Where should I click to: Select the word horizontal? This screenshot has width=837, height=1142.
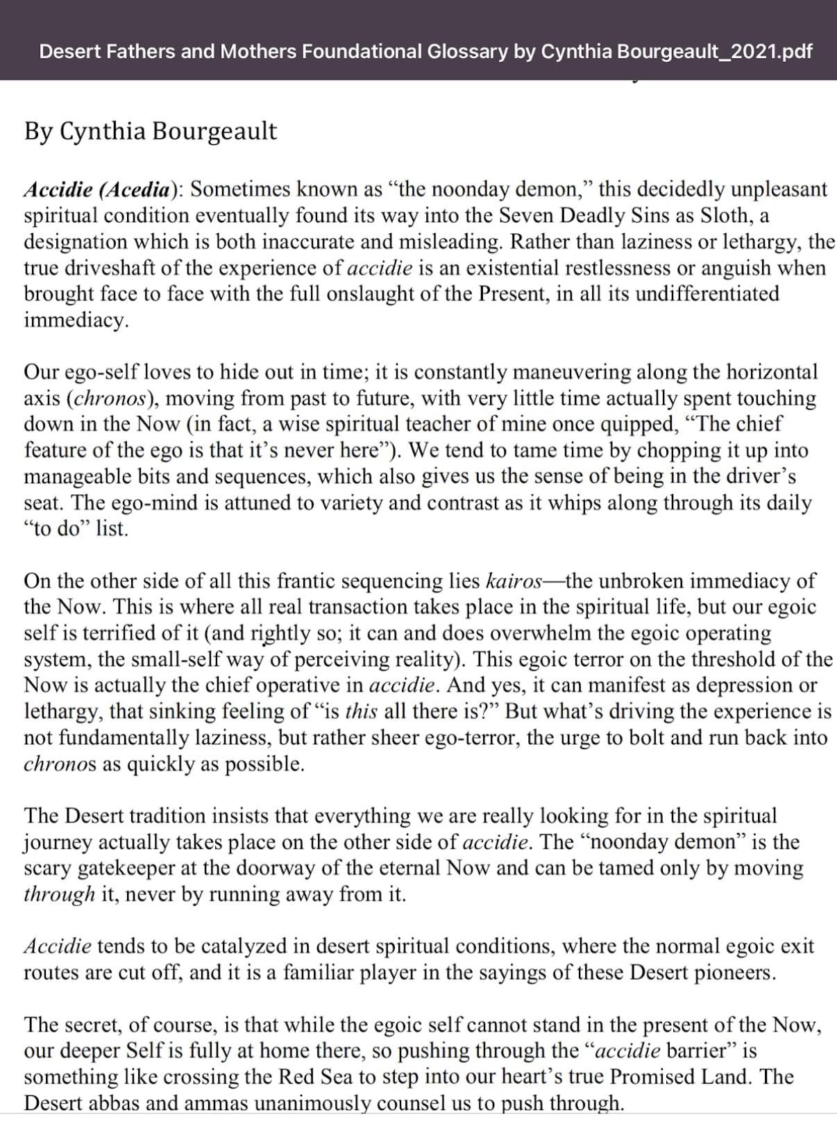(x=772, y=372)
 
